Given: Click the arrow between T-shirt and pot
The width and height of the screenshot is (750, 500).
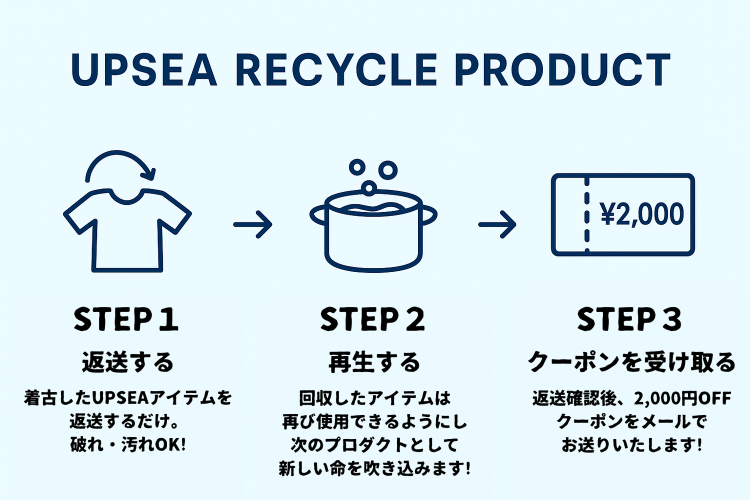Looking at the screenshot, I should coord(253,224).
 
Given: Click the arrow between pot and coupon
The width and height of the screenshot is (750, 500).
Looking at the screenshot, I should coord(497,224).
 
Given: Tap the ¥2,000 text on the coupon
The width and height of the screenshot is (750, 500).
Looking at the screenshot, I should coord(642,214).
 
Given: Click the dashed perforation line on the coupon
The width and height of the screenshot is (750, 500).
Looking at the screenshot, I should coord(586,215).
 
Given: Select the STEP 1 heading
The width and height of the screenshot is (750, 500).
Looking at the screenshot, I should coord(126,319).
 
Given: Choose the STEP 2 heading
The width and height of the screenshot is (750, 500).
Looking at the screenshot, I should coord(373,319).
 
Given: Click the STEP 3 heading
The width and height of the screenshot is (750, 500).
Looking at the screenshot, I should coord(629,319).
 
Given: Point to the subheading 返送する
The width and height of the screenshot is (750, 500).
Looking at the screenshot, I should coord(127,362).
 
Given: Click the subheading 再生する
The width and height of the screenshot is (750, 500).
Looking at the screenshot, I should coord(374,362).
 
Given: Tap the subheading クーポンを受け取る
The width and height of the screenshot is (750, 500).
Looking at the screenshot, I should coord(631,362).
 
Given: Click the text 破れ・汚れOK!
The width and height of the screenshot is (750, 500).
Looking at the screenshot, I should coord(128,444).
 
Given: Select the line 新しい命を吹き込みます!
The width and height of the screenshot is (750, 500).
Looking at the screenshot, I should coord(374,468).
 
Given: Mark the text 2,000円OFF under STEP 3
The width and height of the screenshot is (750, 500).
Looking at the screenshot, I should coord(682,398).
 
